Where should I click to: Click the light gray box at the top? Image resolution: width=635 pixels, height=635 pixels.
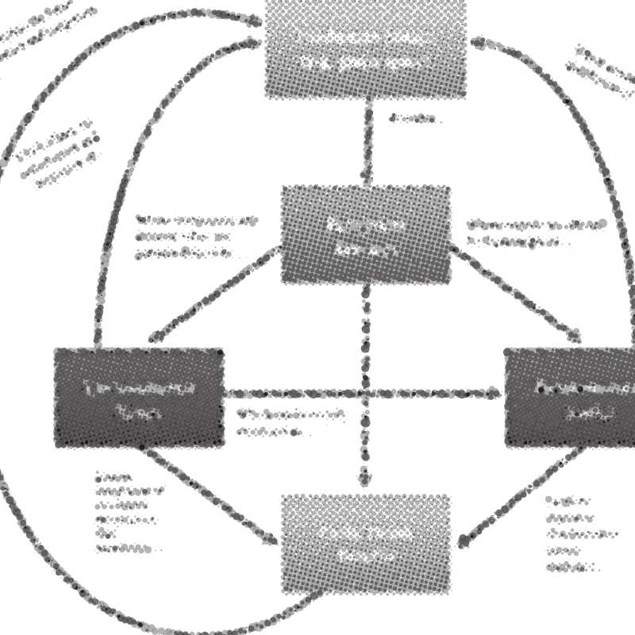tap(366, 48)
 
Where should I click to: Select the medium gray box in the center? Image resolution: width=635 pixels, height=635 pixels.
tap(366, 235)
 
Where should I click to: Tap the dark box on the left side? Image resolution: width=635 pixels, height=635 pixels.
tap(139, 397)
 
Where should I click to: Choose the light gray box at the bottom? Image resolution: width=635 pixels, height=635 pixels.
tap(366, 545)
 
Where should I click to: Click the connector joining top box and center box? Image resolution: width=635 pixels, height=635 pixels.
tap(368, 143)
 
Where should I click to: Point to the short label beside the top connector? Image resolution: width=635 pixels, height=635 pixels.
tap(415, 120)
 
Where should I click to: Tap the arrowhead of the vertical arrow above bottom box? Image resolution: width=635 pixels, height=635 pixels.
tap(365, 479)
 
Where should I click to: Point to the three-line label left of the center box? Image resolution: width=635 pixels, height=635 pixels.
tap(194, 237)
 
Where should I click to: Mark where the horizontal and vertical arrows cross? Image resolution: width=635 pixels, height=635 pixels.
tap(366, 393)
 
